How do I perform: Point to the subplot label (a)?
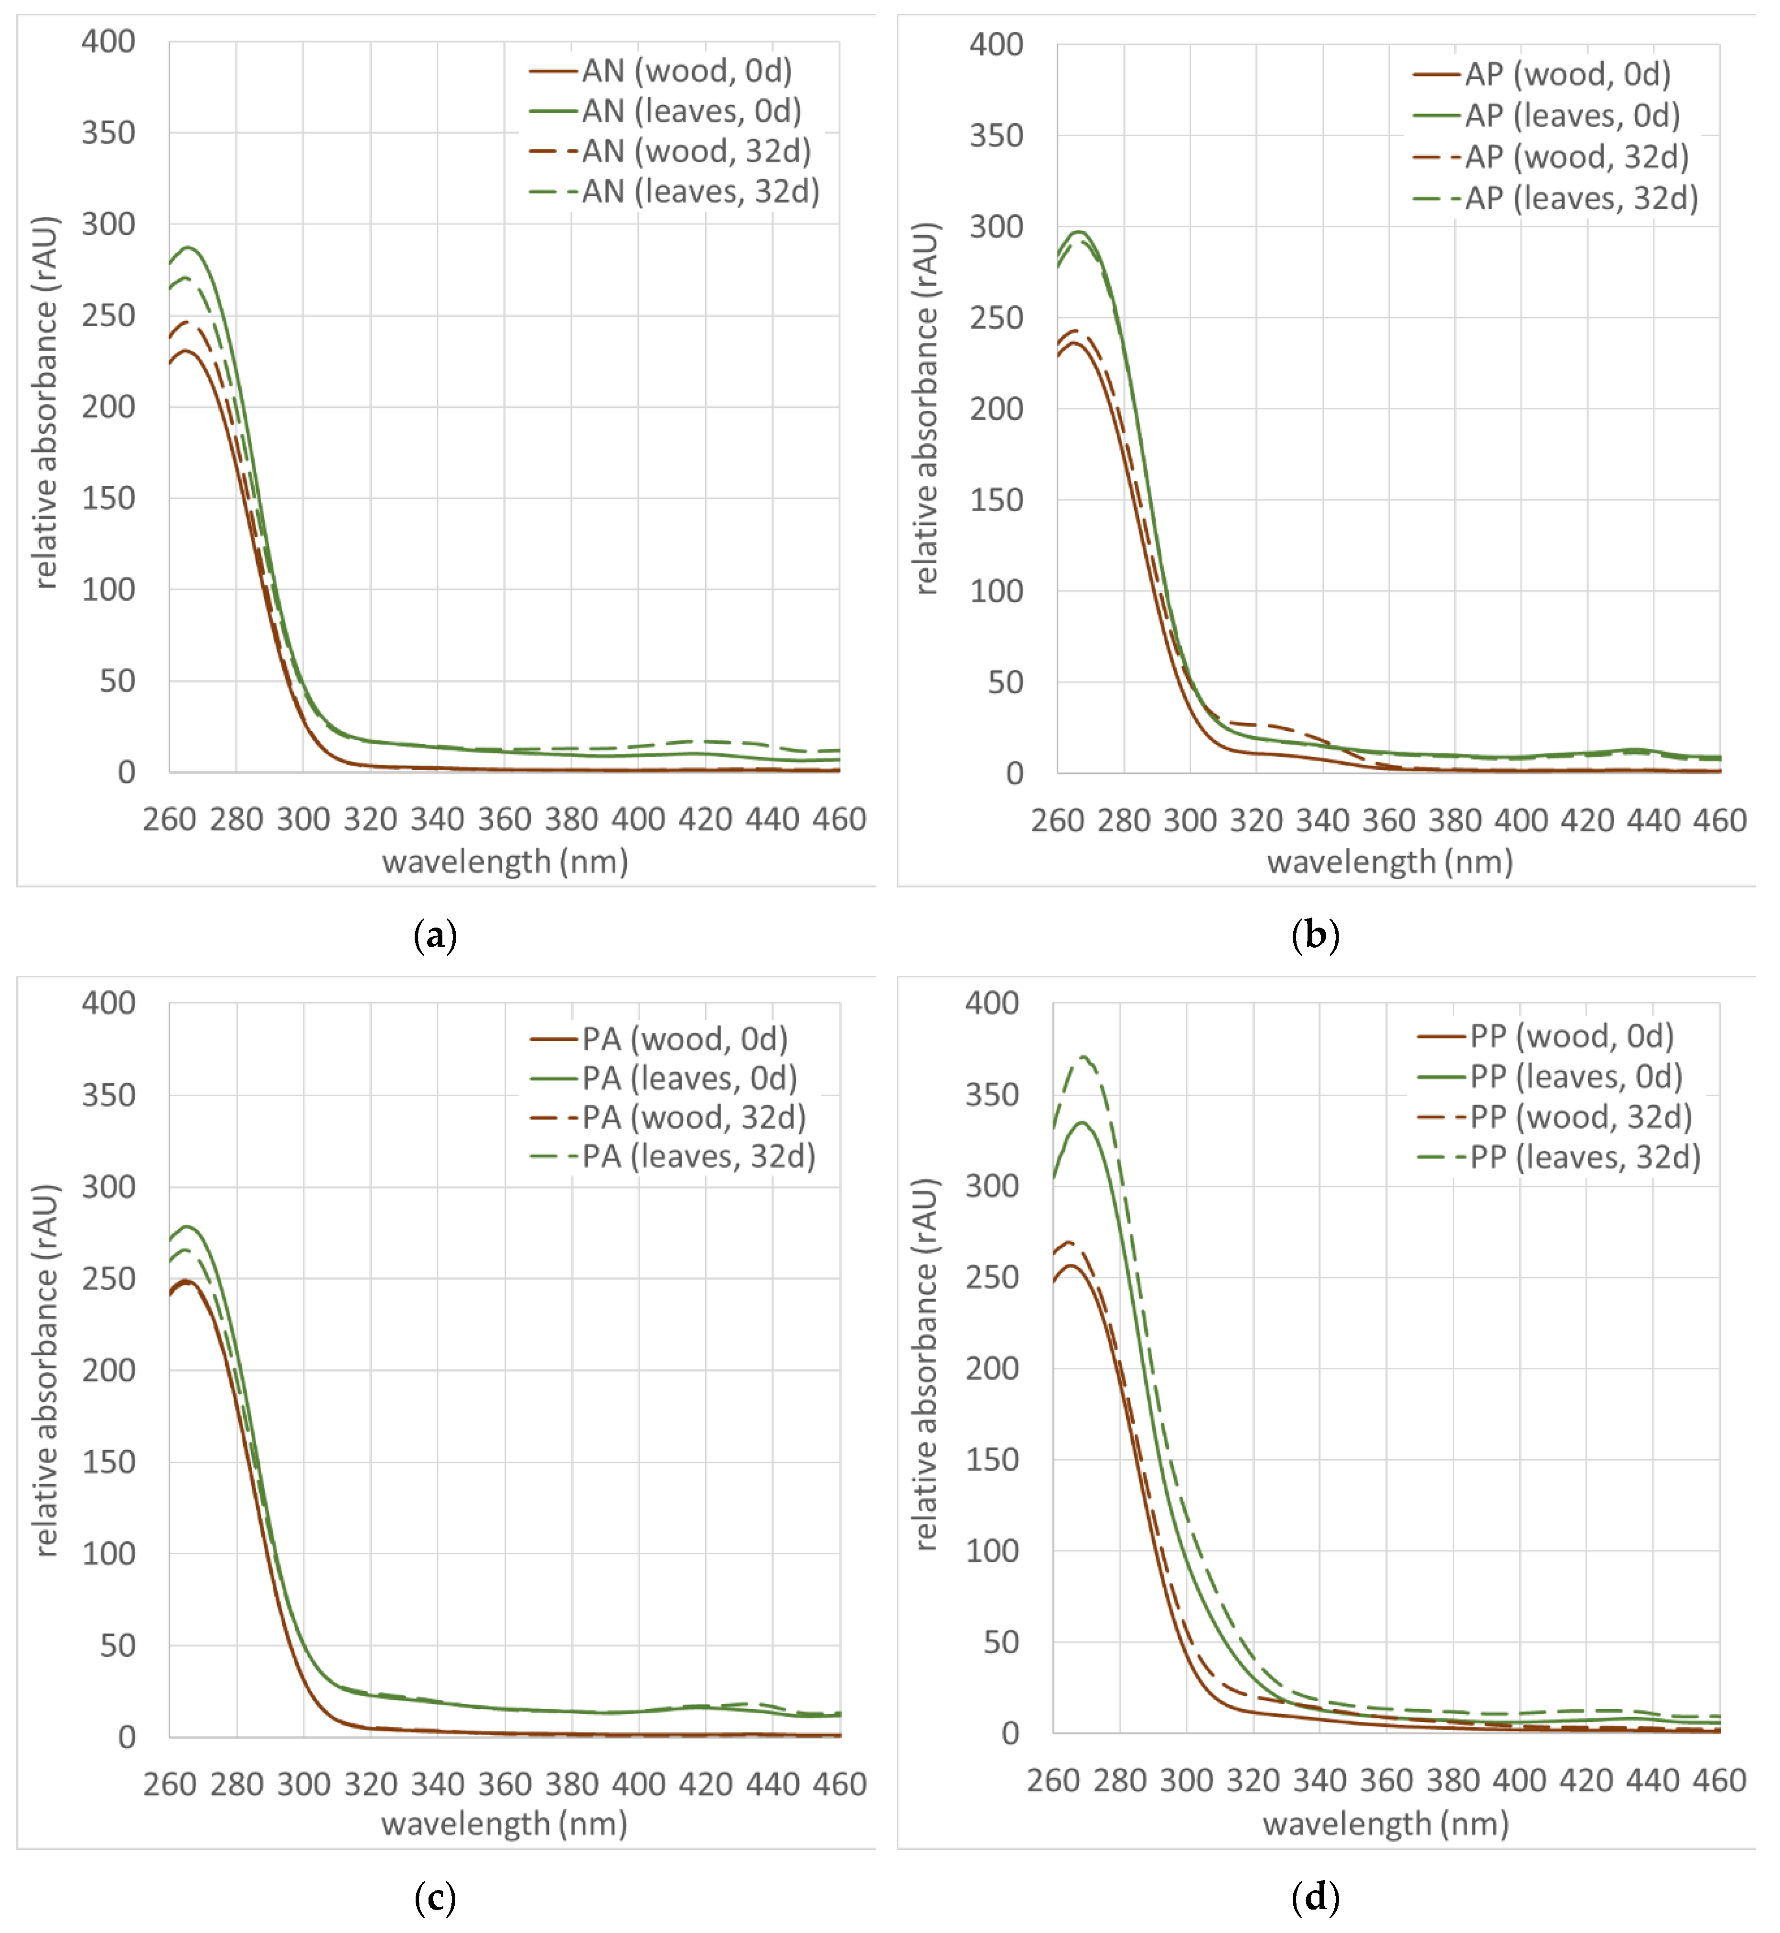pyautogui.click(x=434, y=935)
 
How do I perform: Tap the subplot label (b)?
pyautogui.click(x=1315, y=935)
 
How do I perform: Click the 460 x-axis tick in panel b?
pyautogui.click(x=1719, y=821)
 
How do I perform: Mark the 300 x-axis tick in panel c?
pyautogui.click(x=303, y=1783)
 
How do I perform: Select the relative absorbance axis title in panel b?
pyautogui.click(x=925, y=408)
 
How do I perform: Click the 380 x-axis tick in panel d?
pyautogui.click(x=1452, y=1780)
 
